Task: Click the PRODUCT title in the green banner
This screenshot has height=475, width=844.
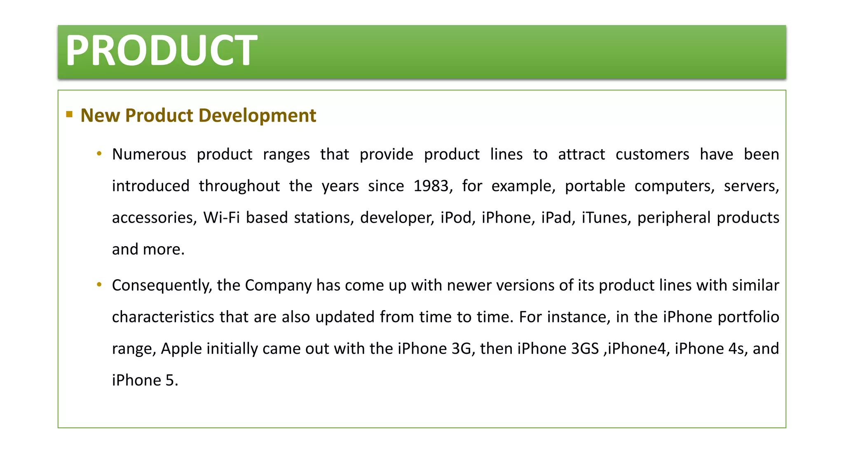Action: [162, 51]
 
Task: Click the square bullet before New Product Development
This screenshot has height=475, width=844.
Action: [69, 114]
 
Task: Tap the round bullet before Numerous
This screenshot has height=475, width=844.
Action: [99, 154]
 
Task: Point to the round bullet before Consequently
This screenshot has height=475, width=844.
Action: [99, 285]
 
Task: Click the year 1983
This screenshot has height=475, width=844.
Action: [431, 186]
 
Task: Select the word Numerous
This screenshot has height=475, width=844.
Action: [149, 155]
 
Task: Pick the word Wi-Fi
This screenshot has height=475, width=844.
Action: [221, 218]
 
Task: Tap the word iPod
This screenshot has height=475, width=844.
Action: [456, 218]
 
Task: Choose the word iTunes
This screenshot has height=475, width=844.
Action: [604, 218]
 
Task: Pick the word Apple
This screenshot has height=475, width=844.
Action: [181, 349]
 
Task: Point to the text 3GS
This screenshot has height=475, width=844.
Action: [585, 349]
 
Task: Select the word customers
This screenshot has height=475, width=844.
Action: [652, 155]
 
